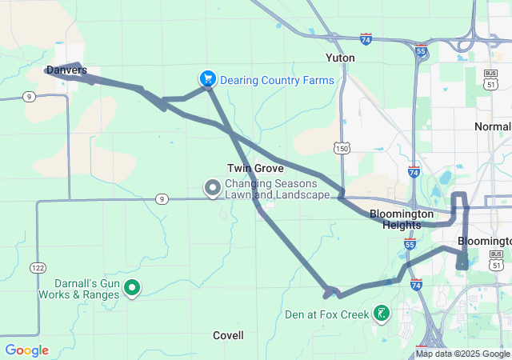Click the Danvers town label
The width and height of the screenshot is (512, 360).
click(x=66, y=70)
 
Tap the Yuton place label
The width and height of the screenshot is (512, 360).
click(x=340, y=58)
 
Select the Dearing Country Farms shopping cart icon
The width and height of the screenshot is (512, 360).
click(x=207, y=78)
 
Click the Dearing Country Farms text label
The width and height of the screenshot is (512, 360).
click(x=277, y=80)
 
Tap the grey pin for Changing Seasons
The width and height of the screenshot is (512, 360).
click(x=213, y=188)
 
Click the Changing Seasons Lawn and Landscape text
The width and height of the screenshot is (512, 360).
click(x=277, y=190)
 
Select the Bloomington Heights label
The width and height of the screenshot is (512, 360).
click(x=402, y=219)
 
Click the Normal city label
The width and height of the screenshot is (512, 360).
click(x=492, y=127)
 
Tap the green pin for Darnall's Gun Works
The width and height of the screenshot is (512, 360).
click(x=132, y=288)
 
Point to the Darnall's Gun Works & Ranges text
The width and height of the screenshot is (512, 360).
click(x=80, y=289)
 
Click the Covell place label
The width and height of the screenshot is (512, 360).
click(x=228, y=335)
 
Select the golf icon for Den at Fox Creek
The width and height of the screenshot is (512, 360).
click(x=382, y=314)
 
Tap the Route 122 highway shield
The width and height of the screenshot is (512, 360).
click(x=38, y=266)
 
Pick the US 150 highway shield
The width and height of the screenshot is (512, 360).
click(x=342, y=148)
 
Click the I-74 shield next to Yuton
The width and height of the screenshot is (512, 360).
click(x=366, y=38)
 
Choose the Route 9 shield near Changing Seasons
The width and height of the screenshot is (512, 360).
click(x=162, y=198)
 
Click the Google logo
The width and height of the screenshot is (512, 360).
click(x=26, y=350)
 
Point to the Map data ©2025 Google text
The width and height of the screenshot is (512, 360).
click(x=462, y=354)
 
